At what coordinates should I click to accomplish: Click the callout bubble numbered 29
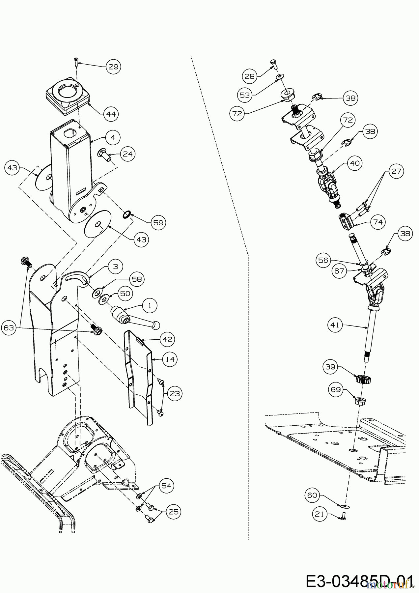(113, 67)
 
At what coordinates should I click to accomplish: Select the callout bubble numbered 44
(111, 114)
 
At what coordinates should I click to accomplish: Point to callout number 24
(128, 154)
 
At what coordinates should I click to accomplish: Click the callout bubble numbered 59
(158, 222)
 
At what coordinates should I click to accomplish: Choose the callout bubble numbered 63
(9, 327)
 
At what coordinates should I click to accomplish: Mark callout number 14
(170, 359)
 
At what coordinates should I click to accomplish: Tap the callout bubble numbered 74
(378, 222)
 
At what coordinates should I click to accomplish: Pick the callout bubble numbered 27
(396, 171)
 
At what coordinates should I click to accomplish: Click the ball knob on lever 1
(156, 325)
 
